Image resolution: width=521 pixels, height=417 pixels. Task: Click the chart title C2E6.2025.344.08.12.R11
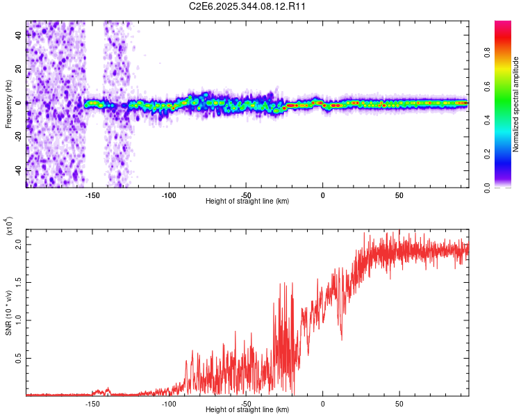coord(247,6)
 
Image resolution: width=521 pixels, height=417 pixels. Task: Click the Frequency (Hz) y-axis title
coord(8,104)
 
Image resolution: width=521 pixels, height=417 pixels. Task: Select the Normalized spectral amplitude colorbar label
coord(515,104)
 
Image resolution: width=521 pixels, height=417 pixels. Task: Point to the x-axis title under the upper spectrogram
coord(247,201)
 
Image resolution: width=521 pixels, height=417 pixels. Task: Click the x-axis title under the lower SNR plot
coord(247,409)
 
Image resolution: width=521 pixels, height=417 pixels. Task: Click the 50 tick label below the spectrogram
coord(399,195)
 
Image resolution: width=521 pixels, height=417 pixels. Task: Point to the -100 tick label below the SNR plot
coord(168,403)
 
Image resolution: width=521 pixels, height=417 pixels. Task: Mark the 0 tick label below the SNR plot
coord(322,403)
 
